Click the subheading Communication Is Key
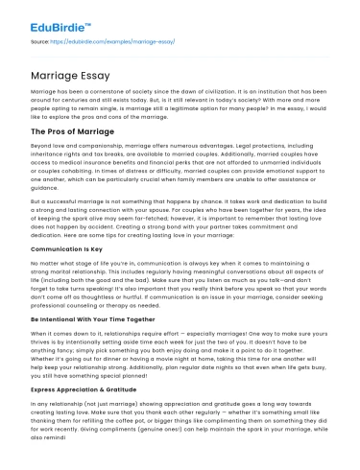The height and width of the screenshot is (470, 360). [x=66, y=247]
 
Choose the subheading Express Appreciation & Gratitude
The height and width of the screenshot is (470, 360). [x=83, y=392]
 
